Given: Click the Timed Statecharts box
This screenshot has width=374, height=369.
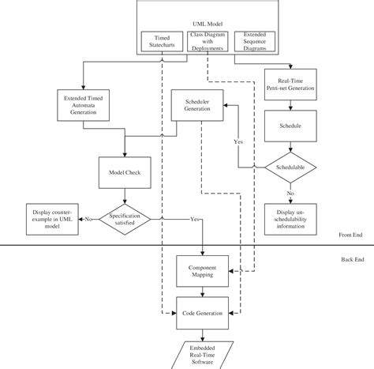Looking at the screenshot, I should click(163, 42).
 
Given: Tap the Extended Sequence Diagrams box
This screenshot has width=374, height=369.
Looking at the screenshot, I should click(256, 42).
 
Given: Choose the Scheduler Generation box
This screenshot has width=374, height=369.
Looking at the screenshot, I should click(197, 106).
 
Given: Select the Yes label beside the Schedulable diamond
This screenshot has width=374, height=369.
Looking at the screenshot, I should click(238, 141).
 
